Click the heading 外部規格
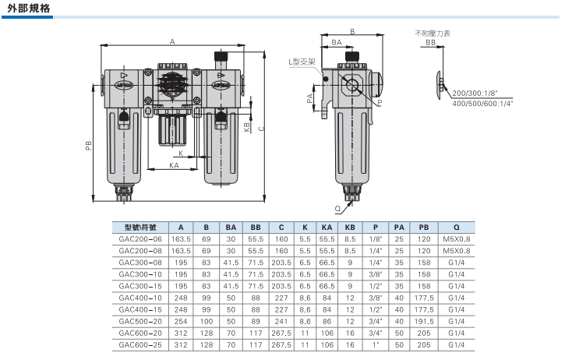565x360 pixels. (29, 9)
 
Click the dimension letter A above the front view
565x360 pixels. (172, 42)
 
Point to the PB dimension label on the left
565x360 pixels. (89, 145)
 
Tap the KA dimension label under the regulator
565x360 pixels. (174, 165)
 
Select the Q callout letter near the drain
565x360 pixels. (337, 209)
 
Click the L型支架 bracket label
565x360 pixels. (302, 62)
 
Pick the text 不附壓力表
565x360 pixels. (433, 34)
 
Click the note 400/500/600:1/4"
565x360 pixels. (482, 104)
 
